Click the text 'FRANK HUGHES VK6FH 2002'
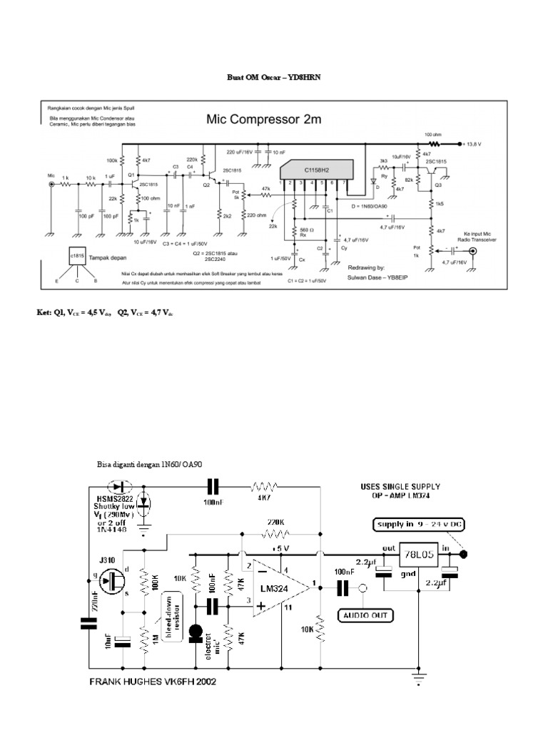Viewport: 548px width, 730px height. (152, 682)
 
